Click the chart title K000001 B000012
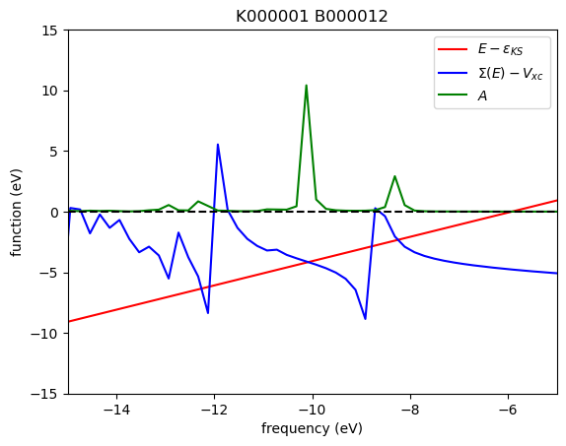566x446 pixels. (x=312, y=17)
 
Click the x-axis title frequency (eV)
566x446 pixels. (x=312, y=428)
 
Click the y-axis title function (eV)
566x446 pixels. (x=17, y=212)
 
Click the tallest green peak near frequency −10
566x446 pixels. (x=306, y=86)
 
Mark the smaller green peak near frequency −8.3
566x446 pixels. (x=394, y=177)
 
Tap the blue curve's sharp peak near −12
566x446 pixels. (x=218, y=145)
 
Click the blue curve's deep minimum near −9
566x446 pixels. (x=365, y=318)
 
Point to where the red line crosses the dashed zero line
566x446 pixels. (x=508, y=212)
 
